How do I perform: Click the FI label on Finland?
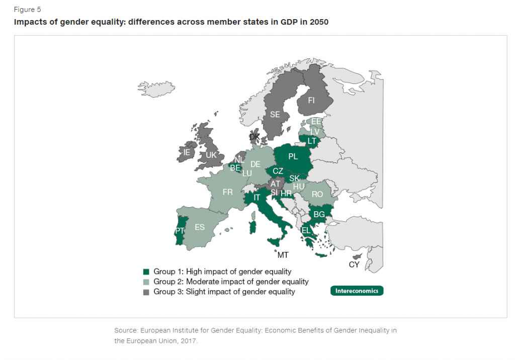(x=311, y=101)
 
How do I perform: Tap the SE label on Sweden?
(x=275, y=115)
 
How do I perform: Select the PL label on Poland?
(x=293, y=156)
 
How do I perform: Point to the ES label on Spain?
(x=200, y=227)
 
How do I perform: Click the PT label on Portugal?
(x=180, y=231)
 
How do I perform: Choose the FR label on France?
(x=228, y=192)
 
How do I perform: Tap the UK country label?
(x=211, y=155)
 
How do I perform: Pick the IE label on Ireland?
(x=187, y=152)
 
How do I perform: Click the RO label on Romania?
(x=317, y=194)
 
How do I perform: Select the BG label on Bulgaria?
(x=319, y=215)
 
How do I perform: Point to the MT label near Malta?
(x=283, y=255)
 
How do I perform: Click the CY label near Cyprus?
(x=354, y=264)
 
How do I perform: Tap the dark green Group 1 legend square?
(x=146, y=272)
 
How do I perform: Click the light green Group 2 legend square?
(x=146, y=282)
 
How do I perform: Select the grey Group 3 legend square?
(x=146, y=292)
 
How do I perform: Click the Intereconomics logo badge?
(x=357, y=291)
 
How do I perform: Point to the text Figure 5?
(x=27, y=10)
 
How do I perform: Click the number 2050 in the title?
(x=316, y=22)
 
